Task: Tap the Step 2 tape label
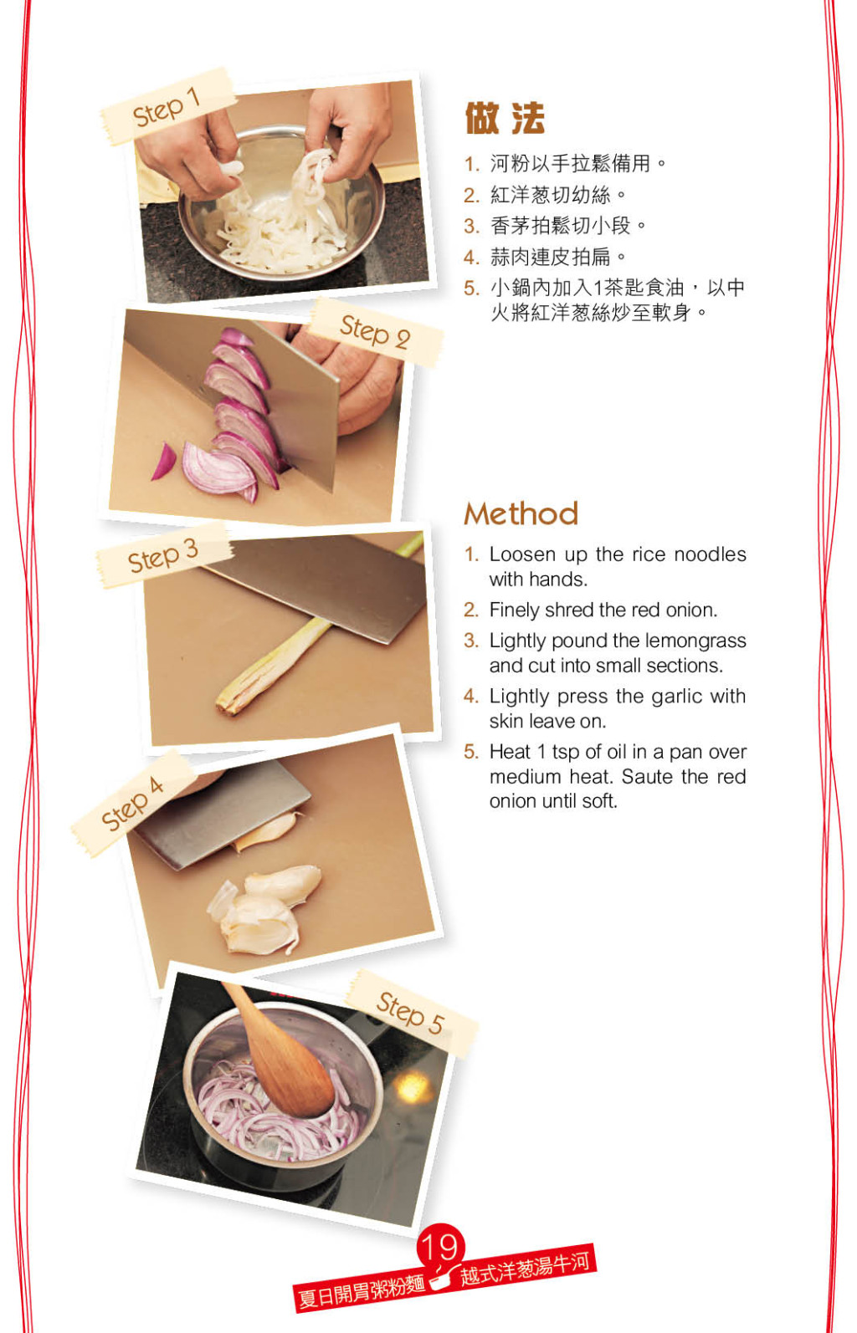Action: click(x=375, y=331)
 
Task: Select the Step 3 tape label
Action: click(x=163, y=555)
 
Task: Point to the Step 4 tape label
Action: click(x=133, y=803)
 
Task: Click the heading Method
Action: click(x=521, y=513)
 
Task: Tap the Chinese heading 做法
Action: click(x=505, y=118)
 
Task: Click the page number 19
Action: click(x=441, y=1247)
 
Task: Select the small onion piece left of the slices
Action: click(x=164, y=461)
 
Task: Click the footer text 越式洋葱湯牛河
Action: click(x=526, y=1270)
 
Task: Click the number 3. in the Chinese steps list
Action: click(x=472, y=226)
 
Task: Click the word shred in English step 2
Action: click(x=570, y=610)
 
